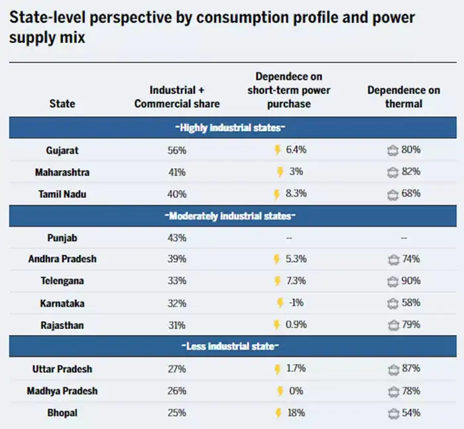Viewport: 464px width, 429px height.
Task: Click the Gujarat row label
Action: click(62, 150)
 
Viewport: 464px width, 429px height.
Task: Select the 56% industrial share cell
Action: click(177, 150)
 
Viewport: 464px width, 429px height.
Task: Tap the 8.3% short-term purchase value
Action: click(296, 194)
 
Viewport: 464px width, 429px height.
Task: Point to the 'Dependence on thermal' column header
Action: click(404, 97)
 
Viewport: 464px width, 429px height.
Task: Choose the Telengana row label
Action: click(62, 281)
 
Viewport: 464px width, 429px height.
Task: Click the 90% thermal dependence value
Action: click(410, 281)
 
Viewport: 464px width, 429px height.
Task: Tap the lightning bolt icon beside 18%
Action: click(278, 413)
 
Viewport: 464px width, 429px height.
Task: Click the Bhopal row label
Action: click(62, 413)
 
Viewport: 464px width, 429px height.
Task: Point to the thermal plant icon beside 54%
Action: click(392, 413)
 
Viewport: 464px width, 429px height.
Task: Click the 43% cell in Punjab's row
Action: click(177, 237)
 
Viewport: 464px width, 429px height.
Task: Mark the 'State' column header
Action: click(62, 103)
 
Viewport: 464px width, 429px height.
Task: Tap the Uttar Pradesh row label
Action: click(62, 369)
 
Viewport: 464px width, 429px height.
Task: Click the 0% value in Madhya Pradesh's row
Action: click(296, 391)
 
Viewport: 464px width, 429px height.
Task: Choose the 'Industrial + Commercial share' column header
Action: click(177, 97)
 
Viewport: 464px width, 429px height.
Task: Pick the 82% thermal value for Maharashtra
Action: click(410, 172)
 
